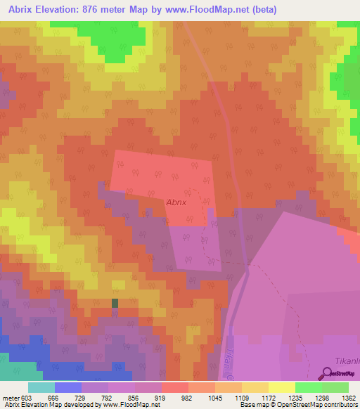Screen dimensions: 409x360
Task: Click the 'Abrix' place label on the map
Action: [x=177, y=202]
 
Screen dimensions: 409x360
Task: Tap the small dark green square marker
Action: [x=115, y=303]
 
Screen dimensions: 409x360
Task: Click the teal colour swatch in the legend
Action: [x=41, y=387]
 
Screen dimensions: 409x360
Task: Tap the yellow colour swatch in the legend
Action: [x=281, y=387]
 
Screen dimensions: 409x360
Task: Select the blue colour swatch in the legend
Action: [x=67, y=387]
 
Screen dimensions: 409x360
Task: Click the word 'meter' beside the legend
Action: [x=10, y=398]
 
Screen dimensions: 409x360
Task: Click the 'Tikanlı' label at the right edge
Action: [x=347, y=360]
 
